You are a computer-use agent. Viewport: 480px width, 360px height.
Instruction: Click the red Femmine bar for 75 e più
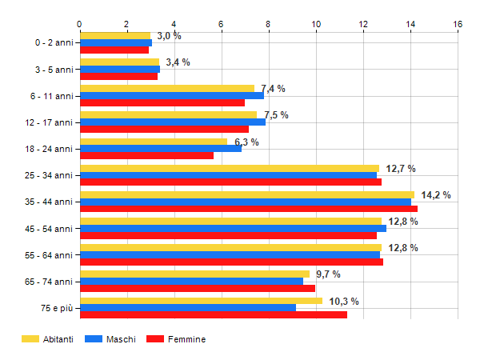(213, 314)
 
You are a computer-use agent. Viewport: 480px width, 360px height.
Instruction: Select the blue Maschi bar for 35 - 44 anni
(246, 202)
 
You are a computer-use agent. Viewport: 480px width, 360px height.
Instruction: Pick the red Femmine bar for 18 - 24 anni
(146, 155)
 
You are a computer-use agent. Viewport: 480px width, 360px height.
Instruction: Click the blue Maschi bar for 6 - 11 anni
(172, 95)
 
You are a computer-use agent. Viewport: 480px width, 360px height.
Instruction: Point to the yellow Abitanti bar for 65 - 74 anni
(194, 274)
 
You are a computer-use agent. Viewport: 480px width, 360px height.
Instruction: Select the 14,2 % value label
(435, 194)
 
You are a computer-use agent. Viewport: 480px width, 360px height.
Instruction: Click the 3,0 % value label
(169, 36)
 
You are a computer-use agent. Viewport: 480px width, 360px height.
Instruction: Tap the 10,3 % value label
(344, 301)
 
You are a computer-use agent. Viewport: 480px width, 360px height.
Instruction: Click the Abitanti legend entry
(48, 339)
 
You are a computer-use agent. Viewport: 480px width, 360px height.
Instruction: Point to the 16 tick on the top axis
(458, 24)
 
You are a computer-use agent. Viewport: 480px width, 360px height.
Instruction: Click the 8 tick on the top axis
(269, 24)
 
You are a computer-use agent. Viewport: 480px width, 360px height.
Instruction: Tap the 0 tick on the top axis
(80, 24)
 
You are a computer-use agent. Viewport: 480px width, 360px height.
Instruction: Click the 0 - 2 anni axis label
(51, 42)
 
